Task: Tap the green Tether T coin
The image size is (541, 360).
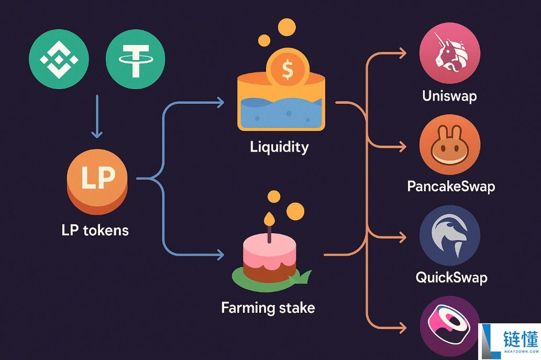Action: point(135,58)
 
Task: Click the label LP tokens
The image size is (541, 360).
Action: point(95,230)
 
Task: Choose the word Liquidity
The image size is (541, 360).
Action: point(279,146)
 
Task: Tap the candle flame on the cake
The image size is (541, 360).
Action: point(269,217)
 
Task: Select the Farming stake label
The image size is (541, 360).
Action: point(268,307)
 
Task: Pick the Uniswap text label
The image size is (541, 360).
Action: point(449,96)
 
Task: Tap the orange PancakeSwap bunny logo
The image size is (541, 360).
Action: point(450,145)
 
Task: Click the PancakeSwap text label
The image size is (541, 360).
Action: point(451,186)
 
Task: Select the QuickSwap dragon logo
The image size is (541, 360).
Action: point(450,235)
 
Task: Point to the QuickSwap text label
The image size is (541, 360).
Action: point(451,277)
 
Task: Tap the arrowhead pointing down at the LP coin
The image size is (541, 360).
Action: point(97,135)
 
